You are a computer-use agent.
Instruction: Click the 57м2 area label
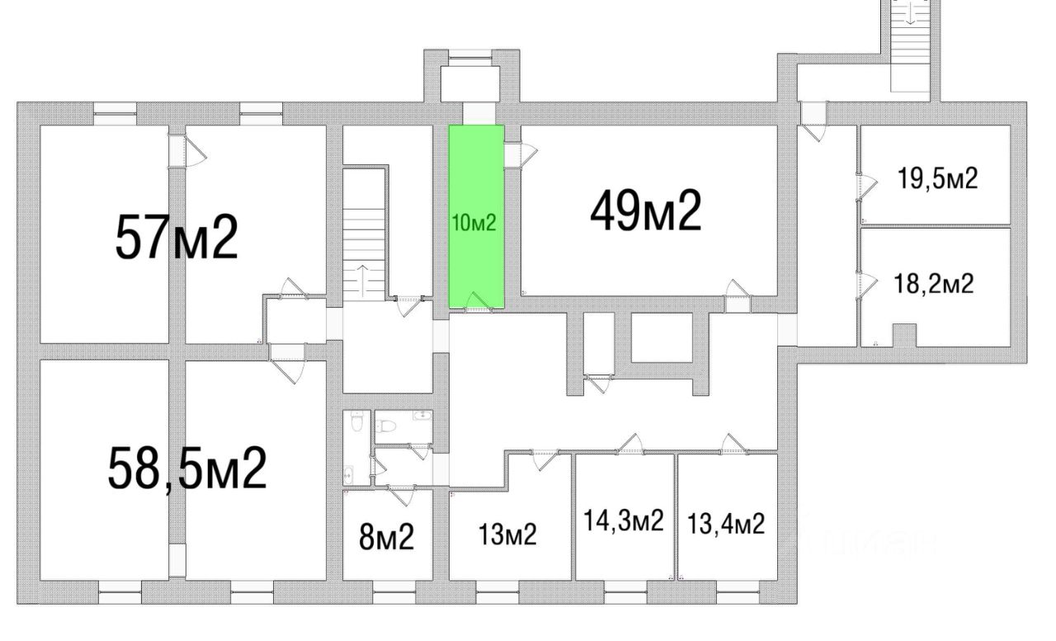click(x=177, y=237)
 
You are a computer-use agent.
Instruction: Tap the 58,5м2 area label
click(x=187, y=469)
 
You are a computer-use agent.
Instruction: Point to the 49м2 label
click(x=645, y=211)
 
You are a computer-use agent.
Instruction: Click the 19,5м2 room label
click(x=938, y=178)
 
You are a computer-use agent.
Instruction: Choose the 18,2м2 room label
click(x=934, y=285)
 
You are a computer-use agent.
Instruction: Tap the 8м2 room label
click(x=386, y=538)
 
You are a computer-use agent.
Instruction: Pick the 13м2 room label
click(x=507, y=535)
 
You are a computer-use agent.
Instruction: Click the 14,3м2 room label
click(x=624, y=521)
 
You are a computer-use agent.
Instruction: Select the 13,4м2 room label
click(x=725, y=523)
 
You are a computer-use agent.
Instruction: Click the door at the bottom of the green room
click(x=477, y=302)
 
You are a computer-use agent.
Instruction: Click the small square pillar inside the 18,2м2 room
click(x=905, y=335)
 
